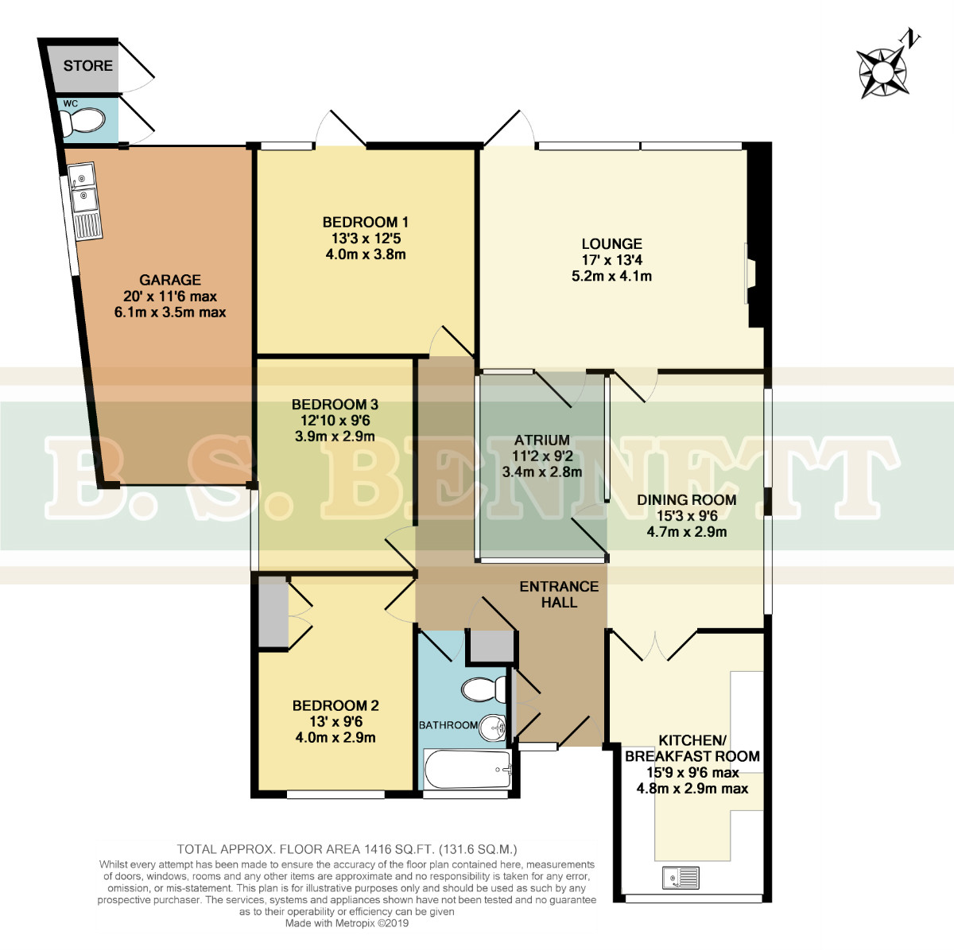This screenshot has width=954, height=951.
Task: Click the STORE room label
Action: pyautogui.click(x=87, y=65)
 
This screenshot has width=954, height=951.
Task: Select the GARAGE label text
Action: pyautogui.click(x=170, y=280)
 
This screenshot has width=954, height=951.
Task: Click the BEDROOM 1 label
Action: pyautogui.click(x=366, y=222)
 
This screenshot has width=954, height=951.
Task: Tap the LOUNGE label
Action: pyautogui.click(x=612, y=243)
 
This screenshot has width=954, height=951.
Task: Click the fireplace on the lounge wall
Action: pyautogui.click(x=750, y=273)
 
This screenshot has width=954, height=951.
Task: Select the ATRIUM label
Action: pyautogui.click(x=541, y=440)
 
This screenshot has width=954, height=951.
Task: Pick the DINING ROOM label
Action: pyautogui.click(x=687, y=500)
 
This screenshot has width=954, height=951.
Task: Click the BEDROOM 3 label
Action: pyautogui.click(x=335, y=404)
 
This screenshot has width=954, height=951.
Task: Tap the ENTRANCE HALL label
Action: pyautogui.click(x=559, y=595)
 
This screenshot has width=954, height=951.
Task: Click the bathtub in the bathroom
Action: pyautogui.click(x=467, y=769)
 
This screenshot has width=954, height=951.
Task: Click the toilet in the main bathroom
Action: pyautogui.click(x=483, y=689)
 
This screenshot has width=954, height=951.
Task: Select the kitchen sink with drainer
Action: pyautogui.click(x=681, y=878)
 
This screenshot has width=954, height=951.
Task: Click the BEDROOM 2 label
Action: pyautogui.click(x=335, y=705)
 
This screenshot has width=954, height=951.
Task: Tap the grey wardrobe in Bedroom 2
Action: pyautogui.click(x=273, y=611)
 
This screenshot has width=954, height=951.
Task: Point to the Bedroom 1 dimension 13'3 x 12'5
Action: pyautogui.click(x=366, y=239)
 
